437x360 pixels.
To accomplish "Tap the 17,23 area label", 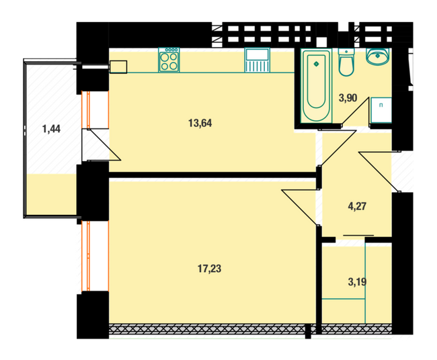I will (x=210, y=269).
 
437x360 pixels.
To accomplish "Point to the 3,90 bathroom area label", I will (x=348, y=98).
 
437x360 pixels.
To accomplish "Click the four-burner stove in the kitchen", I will (x=169, y=61).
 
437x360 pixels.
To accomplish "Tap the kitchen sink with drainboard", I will (x=257, y=61).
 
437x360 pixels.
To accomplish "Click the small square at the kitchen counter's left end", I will (x=118, y=66).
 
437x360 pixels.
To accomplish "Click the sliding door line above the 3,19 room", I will (x=358, y=235).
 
